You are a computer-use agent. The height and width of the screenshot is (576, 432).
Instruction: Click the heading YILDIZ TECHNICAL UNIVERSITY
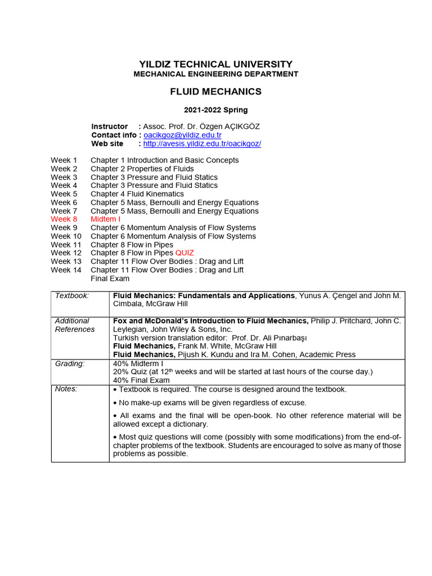[215, 64]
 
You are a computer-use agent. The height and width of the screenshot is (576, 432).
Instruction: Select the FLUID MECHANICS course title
[215, 92]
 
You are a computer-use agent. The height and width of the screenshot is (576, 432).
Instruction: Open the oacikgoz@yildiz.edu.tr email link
[182, 135]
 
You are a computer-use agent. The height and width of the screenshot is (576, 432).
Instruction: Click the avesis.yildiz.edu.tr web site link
[202, 143]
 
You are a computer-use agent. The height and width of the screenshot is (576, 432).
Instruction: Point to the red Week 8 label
[64, 219]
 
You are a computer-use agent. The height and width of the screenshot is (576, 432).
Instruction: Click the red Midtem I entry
[105, 219]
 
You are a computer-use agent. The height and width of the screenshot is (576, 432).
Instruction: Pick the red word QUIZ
[184, 253]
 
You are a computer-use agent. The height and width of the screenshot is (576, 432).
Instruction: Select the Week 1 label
[64, 160]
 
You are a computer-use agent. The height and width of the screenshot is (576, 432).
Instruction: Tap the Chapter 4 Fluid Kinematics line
[137, 194]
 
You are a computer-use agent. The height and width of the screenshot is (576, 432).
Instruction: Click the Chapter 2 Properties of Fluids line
[142, 169]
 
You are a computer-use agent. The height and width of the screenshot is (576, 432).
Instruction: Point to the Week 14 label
[66, 270]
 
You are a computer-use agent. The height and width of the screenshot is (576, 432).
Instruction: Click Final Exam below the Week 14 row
[110, 278]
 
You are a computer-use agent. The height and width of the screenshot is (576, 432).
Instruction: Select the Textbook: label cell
[71, 295]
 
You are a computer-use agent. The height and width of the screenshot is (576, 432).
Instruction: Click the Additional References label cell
[75, 325]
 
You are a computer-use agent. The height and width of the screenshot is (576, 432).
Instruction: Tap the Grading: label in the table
[70, 364]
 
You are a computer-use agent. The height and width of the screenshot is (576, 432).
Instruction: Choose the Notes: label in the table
[66, 389]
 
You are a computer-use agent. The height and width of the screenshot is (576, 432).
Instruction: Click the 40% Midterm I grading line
[138, 364]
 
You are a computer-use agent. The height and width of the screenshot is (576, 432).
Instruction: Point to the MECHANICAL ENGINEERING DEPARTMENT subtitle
[215, 74]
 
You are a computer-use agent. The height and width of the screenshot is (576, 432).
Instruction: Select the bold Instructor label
[109, 127]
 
